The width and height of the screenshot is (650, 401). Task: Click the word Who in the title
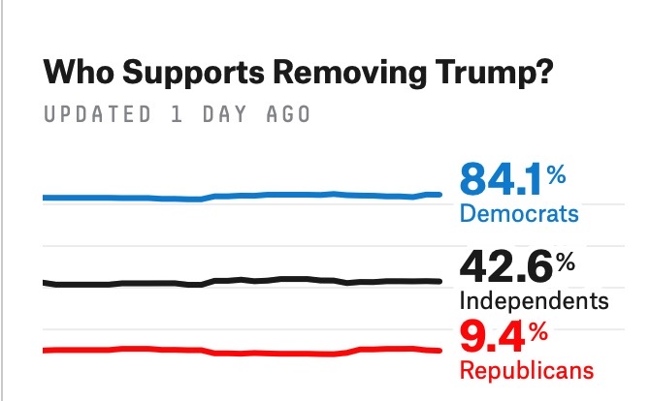75,74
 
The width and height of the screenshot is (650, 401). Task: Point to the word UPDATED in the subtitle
97,114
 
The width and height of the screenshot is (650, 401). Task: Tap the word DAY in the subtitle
230,114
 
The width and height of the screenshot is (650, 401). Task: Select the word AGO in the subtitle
290,114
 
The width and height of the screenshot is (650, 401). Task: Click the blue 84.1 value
500,180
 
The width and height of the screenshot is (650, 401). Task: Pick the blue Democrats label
518,213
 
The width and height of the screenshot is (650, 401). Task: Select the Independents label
534,299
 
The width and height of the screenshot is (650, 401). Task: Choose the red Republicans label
525,371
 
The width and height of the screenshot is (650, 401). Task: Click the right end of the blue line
439,195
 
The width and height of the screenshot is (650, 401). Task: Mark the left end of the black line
45,282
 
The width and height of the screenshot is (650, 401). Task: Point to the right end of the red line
439,351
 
